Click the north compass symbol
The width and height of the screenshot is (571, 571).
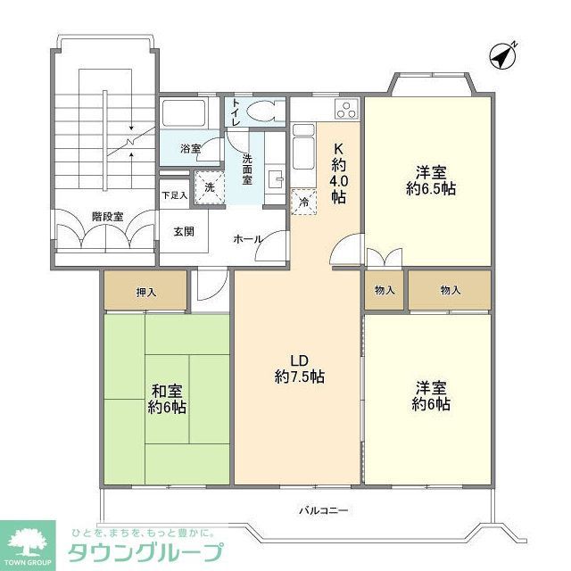[x=504, y=55]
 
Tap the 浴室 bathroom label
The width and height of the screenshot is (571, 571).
[x=190, y=149]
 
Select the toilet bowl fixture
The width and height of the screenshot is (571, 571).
[x=262, y=111]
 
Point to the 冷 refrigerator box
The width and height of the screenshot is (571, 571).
[x=304, y=202]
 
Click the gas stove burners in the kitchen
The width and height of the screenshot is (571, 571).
[x=345, y=111]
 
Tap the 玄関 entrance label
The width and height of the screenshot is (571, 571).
[x=184, y=231]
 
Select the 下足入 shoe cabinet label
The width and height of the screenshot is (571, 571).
[x=174, y=195]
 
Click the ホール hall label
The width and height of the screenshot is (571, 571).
[x=247, y=239]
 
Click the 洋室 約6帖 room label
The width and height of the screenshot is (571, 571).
[x=432, y=396]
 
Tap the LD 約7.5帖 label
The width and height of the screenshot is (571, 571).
[x=299, y=368]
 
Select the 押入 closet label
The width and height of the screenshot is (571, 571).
[x=145, y=291]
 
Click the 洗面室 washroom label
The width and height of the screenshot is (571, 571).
[x=247, y=170]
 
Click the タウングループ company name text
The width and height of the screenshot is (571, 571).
[x=146, y=551]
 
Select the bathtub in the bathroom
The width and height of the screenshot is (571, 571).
[x=184, y=114]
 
